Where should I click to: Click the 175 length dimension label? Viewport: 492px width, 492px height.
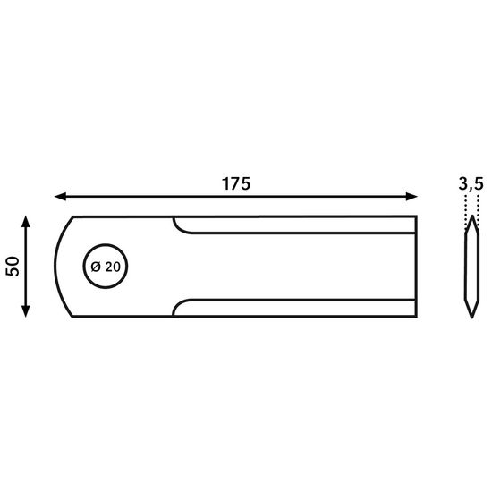236,184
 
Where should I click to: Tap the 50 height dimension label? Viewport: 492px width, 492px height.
13,267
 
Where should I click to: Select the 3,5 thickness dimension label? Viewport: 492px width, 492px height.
471,185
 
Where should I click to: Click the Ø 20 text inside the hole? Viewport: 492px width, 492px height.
106,267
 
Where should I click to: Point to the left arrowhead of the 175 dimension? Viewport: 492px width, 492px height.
60,197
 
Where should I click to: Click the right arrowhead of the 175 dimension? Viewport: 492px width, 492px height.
411,197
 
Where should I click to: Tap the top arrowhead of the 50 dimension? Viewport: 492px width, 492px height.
26,221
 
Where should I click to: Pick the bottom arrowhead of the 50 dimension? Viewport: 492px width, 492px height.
26,311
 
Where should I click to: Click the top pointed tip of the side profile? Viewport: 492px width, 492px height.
472,216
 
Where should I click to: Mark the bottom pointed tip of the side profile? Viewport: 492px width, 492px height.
472,318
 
